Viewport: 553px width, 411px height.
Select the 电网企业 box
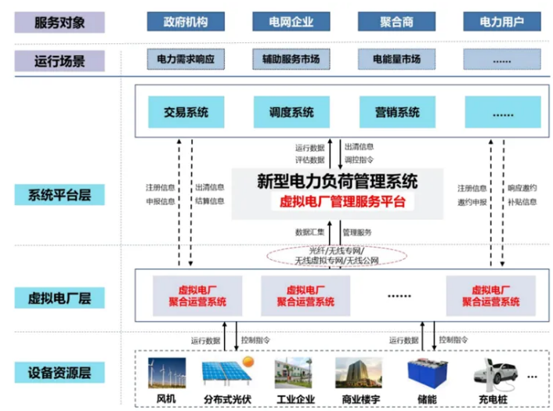coord(291,22)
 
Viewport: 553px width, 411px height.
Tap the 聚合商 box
coord(396,22)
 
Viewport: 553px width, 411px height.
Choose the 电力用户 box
coord(502,22)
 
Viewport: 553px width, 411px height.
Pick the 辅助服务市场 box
coord(291,59)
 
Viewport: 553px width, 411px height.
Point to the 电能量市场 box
coord(396,59)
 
